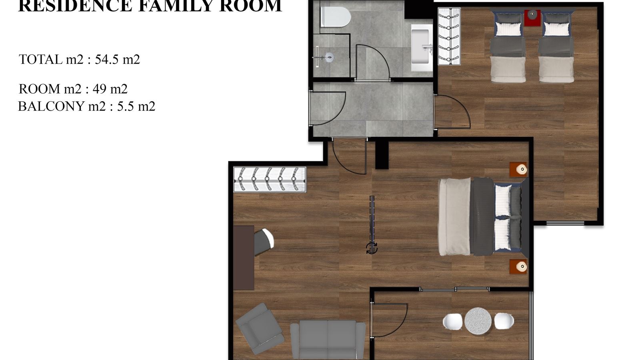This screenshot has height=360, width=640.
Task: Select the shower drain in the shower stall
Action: coord(329,57)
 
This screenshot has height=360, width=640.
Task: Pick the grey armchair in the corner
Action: coord(259,328)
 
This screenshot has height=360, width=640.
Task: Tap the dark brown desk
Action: coord(244,258)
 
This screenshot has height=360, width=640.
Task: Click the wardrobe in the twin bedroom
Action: coord(449,36)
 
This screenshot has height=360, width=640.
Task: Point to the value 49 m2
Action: coord(110,89)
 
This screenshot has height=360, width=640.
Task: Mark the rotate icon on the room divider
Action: coord(372,248)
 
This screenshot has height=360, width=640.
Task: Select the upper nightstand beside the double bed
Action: coord(518,170)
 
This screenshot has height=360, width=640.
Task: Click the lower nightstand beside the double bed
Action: coord(518,266)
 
